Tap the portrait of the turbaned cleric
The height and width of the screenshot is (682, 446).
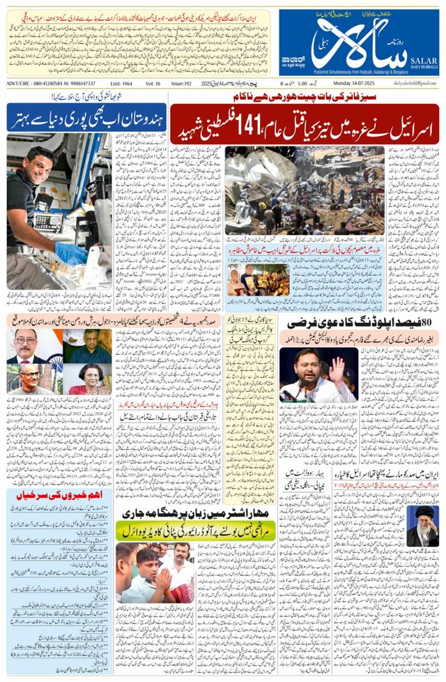point(422,527)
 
